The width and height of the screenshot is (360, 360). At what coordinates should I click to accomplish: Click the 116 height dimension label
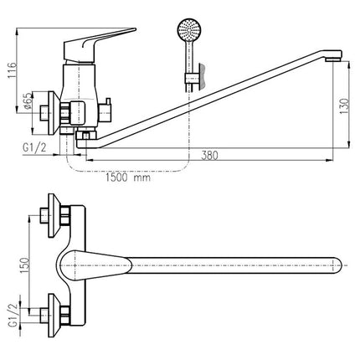(13, 70)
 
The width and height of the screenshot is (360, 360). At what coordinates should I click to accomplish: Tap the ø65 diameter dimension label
(28, 101)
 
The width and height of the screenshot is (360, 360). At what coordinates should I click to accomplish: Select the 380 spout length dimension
(209, 156)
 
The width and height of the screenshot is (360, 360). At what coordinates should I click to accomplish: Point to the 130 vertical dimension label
(344, 105)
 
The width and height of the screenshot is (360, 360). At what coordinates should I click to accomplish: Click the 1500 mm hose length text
(128, 177)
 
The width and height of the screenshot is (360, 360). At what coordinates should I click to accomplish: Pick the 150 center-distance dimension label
(24, 265)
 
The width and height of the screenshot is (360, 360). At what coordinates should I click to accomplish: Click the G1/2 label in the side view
(34, 147)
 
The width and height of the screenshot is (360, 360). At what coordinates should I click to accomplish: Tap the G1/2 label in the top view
(13, 315)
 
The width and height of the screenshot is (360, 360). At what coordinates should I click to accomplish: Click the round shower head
(189, 29)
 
